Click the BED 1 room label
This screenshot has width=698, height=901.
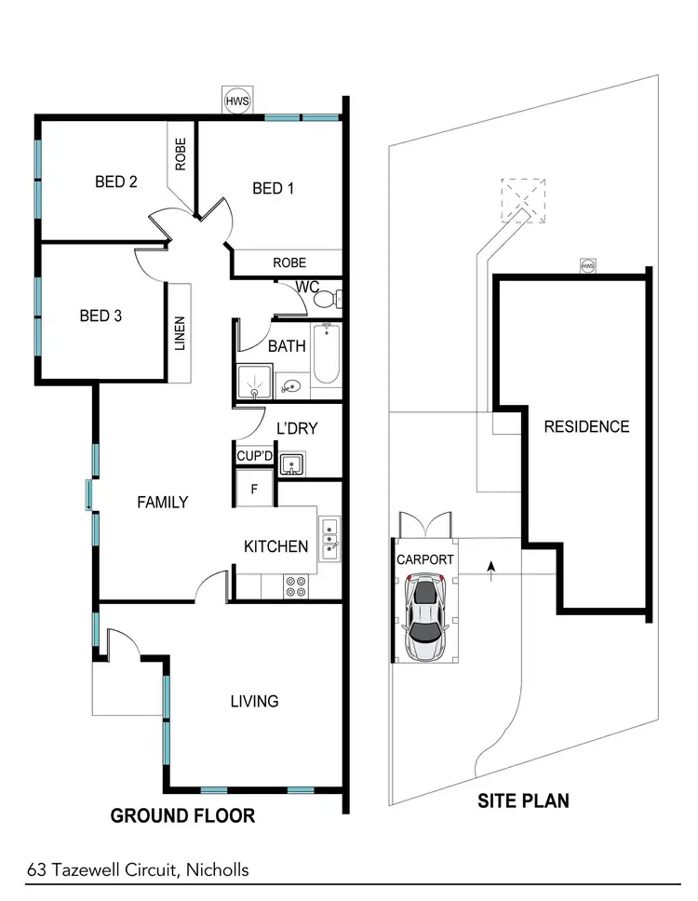pos(273,189)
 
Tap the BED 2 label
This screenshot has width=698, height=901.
pos(116,182)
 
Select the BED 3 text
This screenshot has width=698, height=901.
pos(101,316)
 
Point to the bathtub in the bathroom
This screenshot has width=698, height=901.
pos(327,355)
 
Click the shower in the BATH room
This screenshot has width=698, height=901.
pos(251,376)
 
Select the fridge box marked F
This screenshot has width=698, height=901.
pos(253,487)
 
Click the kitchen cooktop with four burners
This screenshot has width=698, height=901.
pos(296,585)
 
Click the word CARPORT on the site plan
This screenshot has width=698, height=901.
pos(425,560)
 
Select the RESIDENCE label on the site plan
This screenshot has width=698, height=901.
pos(586,427)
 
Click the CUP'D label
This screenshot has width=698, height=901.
pos(253,457)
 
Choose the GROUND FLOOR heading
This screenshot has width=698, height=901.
pos(182,816)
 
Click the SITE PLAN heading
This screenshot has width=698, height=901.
pos(523,800)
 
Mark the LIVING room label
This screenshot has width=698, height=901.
pos(254,701)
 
